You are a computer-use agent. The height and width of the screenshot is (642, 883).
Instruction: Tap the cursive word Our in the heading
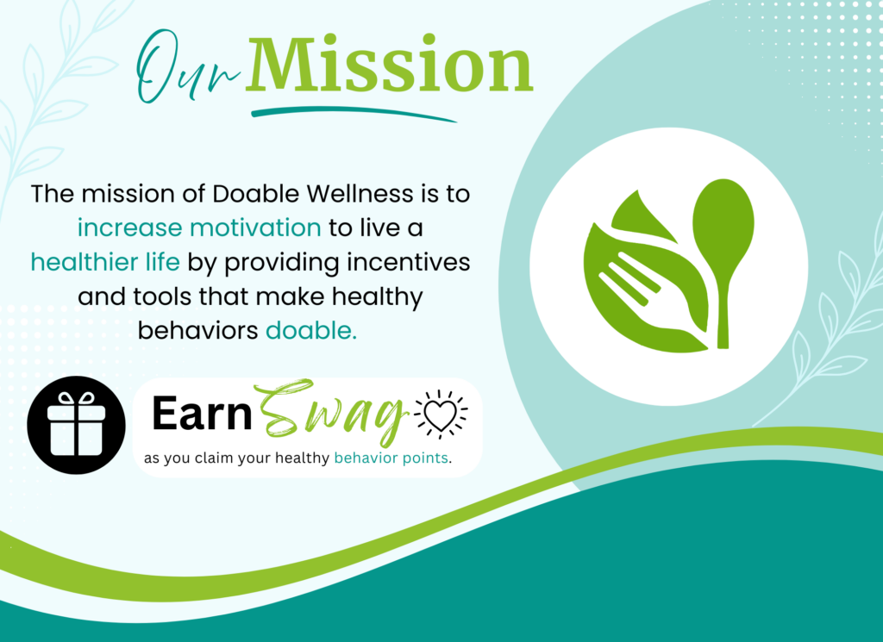click(189, 67)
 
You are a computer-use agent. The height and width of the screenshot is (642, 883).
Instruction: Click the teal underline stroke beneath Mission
click(353, 112)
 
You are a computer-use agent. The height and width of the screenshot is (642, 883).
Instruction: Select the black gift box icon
click(76, 425)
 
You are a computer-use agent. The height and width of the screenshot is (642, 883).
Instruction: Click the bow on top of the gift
click(77, 399)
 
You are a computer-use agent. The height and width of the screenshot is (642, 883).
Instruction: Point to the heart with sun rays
click(441, 414)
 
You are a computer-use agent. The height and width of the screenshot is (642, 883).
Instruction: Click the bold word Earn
click(202, 414)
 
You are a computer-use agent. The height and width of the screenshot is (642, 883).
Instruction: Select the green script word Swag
click(331, 413)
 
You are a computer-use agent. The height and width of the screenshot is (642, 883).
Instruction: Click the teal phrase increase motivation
click(199, 228)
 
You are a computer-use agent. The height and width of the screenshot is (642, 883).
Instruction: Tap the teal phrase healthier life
click(105, 262)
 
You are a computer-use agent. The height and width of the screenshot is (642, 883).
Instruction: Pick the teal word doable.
click(310, 330)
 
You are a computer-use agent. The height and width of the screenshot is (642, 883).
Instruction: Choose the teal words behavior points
click(391, 458)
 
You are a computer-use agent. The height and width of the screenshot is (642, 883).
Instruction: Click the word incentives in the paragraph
click(408, 262)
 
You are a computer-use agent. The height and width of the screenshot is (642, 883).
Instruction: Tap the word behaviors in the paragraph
click(198, 330)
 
